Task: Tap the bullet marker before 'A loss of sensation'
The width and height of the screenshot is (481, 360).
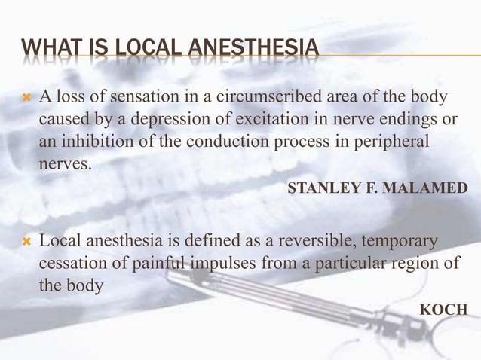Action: coord(26,98)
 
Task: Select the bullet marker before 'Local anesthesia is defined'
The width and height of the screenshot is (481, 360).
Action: coord(26,243)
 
